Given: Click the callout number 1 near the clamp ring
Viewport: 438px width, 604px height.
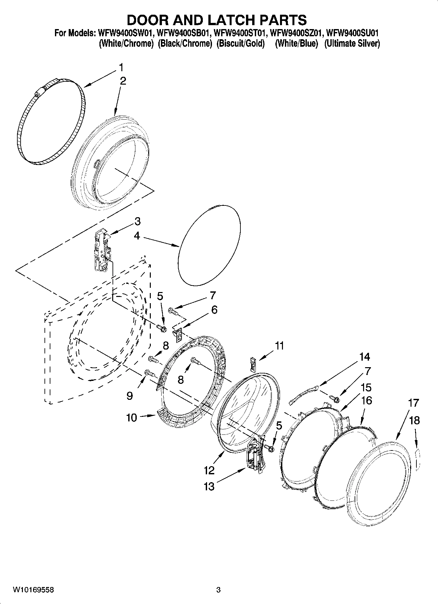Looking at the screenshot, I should tap(121, 68).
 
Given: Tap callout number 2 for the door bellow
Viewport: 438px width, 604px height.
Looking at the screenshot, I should tap(123, 81).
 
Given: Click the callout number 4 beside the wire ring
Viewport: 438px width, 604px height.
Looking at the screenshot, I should tap(137, 236).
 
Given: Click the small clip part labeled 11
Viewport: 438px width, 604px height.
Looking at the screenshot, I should tap(253, 364).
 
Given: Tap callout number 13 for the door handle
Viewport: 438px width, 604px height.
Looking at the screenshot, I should tap(209, 486).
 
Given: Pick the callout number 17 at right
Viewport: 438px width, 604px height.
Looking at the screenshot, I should tap(413, 403).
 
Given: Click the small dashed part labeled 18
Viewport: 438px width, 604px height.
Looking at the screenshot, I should tap(417, 459).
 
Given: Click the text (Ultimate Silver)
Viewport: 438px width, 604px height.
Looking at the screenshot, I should tap(352, 43).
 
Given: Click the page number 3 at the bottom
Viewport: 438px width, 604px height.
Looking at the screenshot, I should tap(218, 590).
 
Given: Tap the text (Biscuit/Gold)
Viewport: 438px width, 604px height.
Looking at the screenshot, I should tap(240, 43).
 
